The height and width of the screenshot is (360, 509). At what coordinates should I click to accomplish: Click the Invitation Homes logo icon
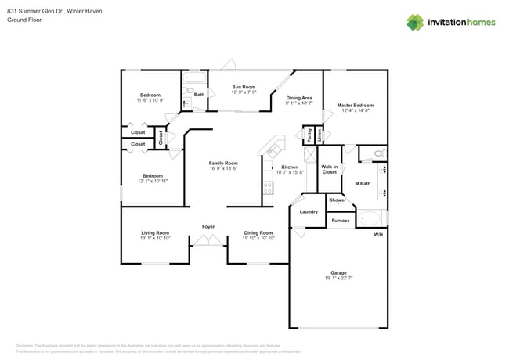tap(417, 22)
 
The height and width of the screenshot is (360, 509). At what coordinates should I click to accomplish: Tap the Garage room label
tap(338, 273)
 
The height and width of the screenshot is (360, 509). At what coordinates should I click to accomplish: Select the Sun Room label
tap(243, 87)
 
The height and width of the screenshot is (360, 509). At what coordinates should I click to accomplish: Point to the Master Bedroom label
tap(355, 105)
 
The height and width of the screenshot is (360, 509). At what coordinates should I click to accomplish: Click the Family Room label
tap(223, 163)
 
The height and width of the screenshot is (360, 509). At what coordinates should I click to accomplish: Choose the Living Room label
tap(155, 232)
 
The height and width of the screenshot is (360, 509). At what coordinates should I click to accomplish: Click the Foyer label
tap(208, 227)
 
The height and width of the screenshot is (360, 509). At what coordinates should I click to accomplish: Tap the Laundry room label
tap(309, 211)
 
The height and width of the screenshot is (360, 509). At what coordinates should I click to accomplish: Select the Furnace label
tap(341, 221)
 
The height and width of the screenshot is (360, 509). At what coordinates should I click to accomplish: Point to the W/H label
tap(377, 235)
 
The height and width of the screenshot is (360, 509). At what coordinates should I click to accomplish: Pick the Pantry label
tap(310, 135)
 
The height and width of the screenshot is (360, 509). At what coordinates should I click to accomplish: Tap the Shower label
tap(338, 200)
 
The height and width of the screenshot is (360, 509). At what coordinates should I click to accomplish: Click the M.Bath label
tap(363, 184)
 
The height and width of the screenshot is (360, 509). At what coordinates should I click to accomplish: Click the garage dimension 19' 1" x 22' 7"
tap(338, 279)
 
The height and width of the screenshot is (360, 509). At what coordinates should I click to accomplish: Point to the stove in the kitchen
tap(268, 187)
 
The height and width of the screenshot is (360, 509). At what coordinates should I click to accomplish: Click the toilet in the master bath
tap(377, 153)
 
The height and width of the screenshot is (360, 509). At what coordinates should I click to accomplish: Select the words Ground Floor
tap(24, 20)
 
